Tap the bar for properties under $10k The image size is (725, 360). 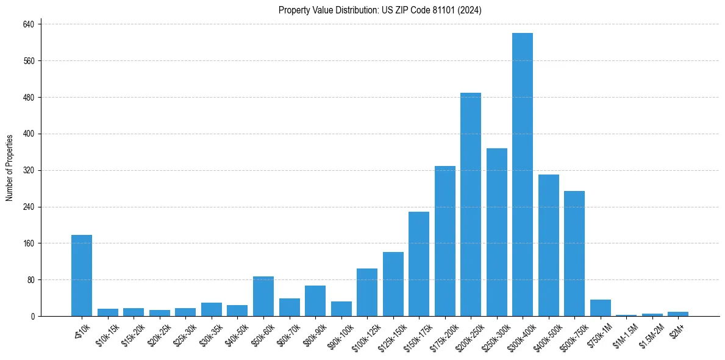(x=82, y=275)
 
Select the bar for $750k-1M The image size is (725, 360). (x=600, y=308)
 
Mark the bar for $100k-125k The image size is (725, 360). (x=366, y=292)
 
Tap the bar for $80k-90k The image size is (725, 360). (x=315, y=301)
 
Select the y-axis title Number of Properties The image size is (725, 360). (x=10, y=168)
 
